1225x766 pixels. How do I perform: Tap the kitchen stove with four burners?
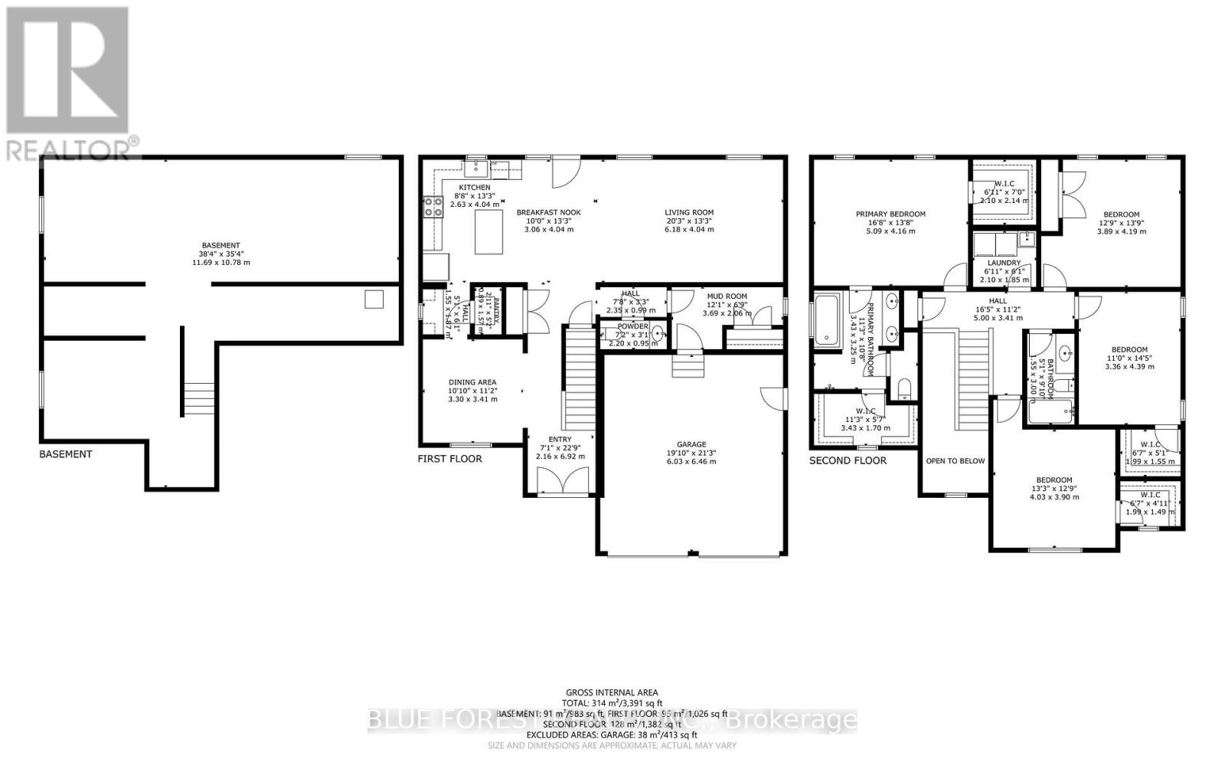point(433,206)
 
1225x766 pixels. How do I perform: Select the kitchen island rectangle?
point(489,232)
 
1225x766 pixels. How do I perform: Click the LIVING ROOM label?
point(688,212)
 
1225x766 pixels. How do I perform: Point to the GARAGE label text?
point(691,444)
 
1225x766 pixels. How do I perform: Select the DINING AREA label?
point(472,381)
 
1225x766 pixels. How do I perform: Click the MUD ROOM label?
point(727,296)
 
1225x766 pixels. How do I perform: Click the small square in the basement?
point(374,299)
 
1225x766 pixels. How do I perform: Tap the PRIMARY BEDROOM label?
point(890,214)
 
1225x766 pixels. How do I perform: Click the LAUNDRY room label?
point(1004,263)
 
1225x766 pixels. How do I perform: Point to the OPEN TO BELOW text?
point(955,461)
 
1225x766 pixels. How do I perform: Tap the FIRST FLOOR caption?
point(449,459)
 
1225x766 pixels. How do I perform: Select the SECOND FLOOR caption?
point(848,460)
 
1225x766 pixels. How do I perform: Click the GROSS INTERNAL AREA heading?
point(612,692)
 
